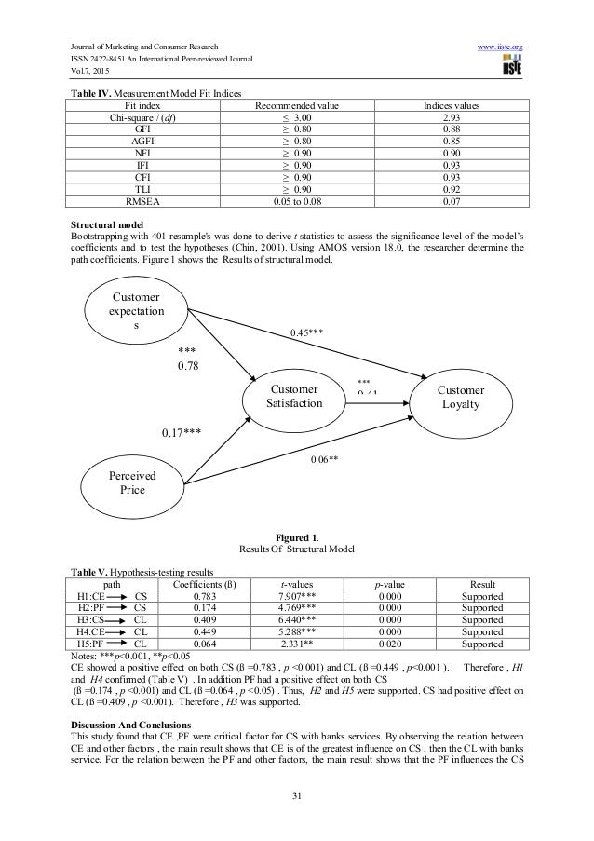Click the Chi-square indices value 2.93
click(x=476, y=119)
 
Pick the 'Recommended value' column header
click(x=296, y=106)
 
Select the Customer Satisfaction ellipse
click(x=294, y=397)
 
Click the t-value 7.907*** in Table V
click(x=297, y=596)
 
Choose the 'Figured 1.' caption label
click(x=297, y=537)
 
